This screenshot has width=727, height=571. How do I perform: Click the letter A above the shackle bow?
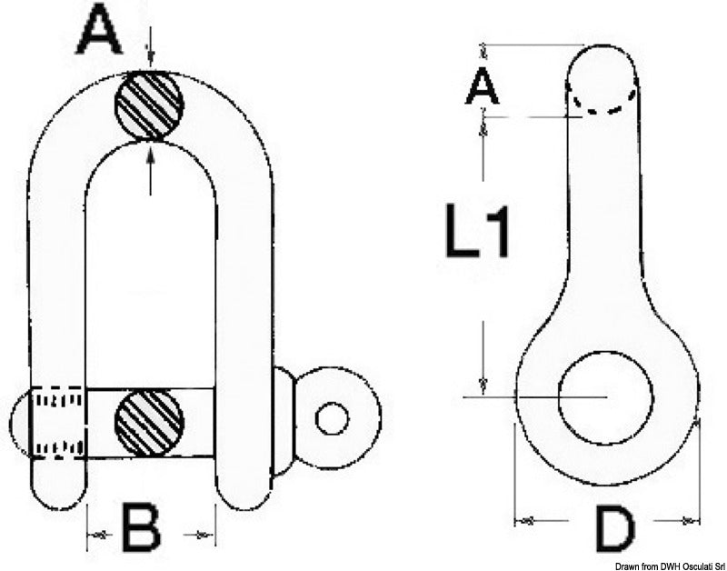(101, 34)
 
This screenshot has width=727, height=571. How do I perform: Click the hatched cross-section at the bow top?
(149, 105)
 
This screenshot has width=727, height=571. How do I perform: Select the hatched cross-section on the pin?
(149, 423)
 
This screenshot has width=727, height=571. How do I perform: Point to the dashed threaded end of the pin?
(59, 423)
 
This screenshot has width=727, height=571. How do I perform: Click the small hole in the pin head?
(332, 418)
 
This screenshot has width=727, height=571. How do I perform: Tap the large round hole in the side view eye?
(606, 397)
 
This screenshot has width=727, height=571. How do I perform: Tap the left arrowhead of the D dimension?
(526, 521)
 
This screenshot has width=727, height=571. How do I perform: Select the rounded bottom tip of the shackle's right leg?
(243, 498)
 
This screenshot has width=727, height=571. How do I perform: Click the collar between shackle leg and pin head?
(284, 421)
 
